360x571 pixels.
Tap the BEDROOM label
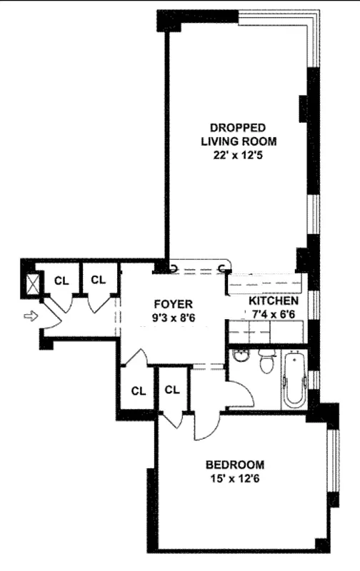(238, 463)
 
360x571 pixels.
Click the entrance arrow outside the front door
(29, 315)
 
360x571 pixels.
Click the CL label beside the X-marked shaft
(61, 281)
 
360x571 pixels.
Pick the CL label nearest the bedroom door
(171, 390)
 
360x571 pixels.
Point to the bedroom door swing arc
(204, 428)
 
